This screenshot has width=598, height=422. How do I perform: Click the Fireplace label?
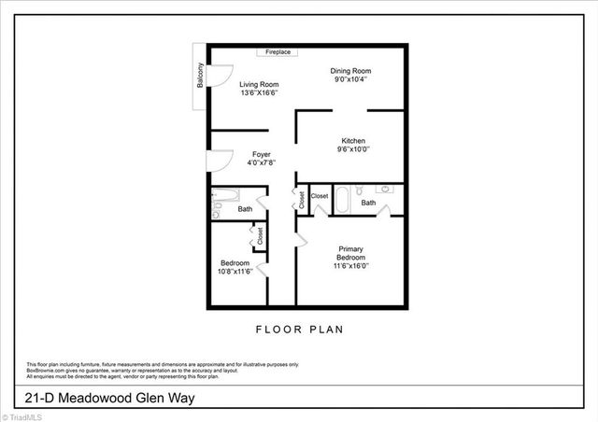[x=277, y=53]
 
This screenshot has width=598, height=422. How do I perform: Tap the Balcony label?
[x=200, y=75]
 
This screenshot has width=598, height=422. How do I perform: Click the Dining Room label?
[x=351, y=71]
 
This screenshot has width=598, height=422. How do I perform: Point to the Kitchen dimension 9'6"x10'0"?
[x=353, y=148]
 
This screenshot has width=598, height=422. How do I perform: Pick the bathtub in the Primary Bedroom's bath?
[x=341, y=201]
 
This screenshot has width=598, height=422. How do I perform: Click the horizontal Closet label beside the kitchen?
[x=320, y=196]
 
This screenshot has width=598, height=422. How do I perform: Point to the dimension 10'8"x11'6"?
[x=234, y=271]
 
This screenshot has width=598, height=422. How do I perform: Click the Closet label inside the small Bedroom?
[x=260, y=236]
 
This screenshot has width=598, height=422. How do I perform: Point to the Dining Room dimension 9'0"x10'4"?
[x=351, y=79]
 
